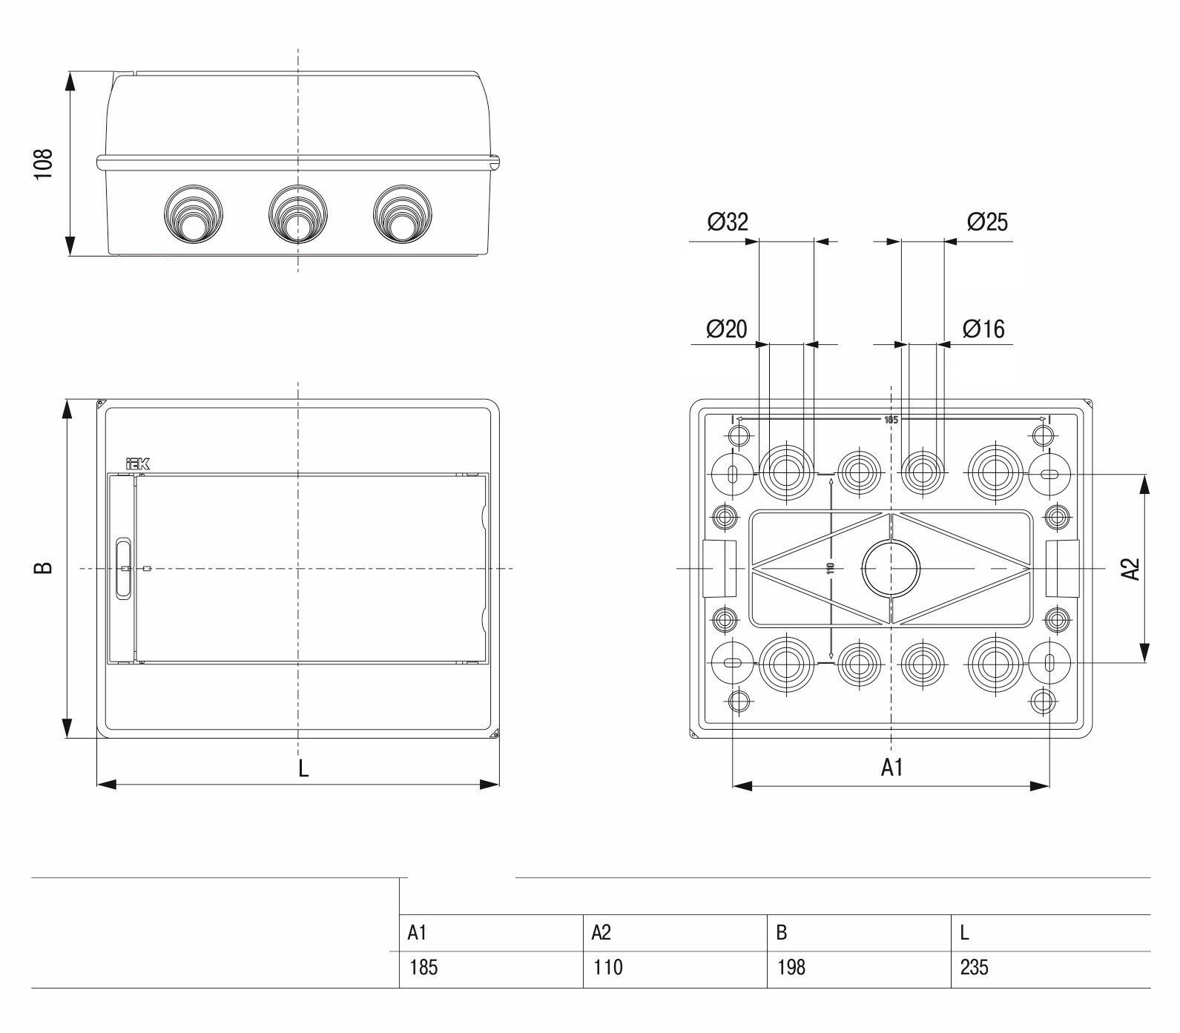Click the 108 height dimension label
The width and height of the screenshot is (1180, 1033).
(44, 164)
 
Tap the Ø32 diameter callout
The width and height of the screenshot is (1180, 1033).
(728, 221)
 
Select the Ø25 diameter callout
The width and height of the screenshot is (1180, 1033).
(987, 221)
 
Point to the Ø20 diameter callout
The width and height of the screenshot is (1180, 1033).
(727, 329)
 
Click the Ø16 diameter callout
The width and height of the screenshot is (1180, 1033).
(983, 329)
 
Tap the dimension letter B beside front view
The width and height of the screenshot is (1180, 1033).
(44, 568)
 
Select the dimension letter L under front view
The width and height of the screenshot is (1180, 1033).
(303, 769)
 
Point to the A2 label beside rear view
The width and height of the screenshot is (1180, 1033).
(1130, 569)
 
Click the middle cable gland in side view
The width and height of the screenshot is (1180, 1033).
(298, 214)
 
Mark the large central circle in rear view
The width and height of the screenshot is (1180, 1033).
(891, 569)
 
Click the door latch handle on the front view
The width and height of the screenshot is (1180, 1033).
(123, 569)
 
